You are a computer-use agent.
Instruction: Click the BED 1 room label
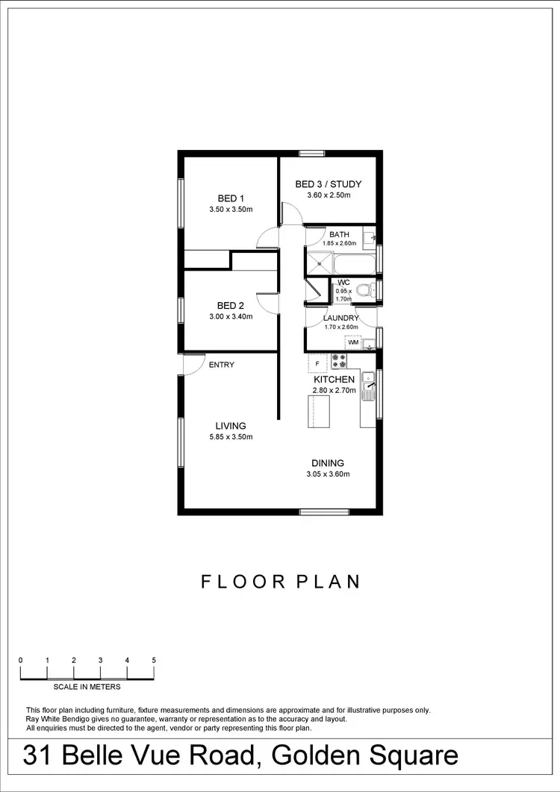click(231, 198)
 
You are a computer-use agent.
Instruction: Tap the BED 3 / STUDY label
click(328, 184)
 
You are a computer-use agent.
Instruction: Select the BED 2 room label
click(231, 305)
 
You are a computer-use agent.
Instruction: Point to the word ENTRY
click(222, 365)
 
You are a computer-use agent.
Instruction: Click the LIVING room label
click(231, 426)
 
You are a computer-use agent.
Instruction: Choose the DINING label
click(328, 463)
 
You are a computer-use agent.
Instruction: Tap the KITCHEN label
click(334, 380)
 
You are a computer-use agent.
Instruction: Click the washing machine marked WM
click(353, 342)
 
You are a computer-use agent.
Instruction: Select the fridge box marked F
click(317, 363)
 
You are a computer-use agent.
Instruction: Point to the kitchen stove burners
click(339, 360)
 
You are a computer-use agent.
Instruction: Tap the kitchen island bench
click(319, 412)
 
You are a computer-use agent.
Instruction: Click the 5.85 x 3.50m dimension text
click(231, 437)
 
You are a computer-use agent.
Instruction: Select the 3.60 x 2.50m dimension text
click(328, 195)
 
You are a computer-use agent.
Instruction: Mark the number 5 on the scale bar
click(154, 660)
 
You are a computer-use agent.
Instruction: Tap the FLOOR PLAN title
click(281, 582)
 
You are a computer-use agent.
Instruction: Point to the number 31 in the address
click(38, 755)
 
